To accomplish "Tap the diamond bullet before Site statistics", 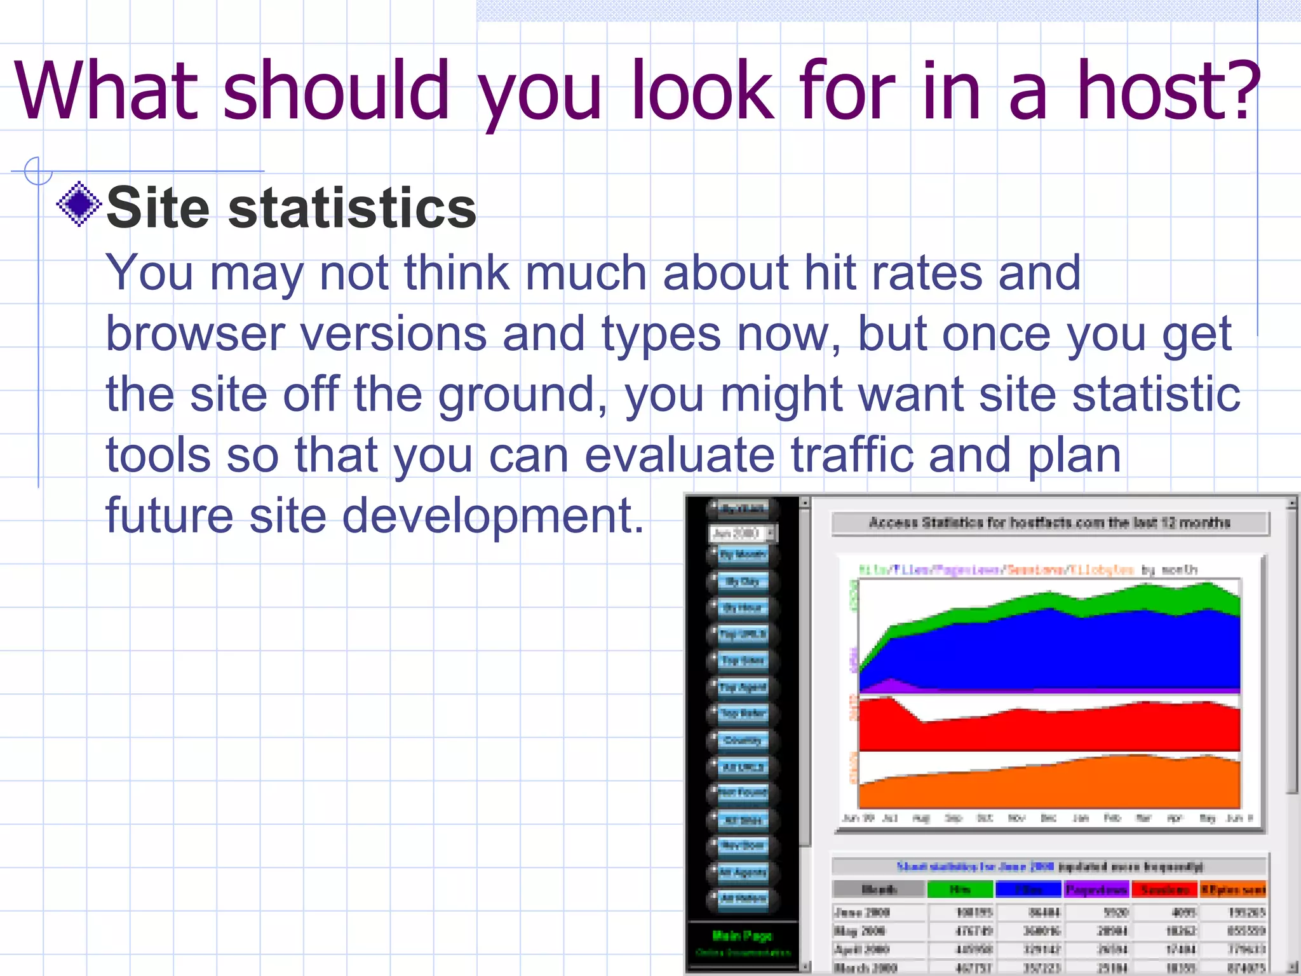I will click(79, 205).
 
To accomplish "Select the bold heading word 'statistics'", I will click(352, 208).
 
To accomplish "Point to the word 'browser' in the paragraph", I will click(194, 334).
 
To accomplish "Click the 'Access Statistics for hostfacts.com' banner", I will click(1049, 523).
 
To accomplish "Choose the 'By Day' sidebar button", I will click(742, 581).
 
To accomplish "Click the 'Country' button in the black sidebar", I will click(742, 740).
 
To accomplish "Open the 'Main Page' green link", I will click(742, 935).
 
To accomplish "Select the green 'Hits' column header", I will click(959, 890).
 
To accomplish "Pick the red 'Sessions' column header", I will click(1164, 890).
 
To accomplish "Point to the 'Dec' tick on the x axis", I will click(1048, 818).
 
